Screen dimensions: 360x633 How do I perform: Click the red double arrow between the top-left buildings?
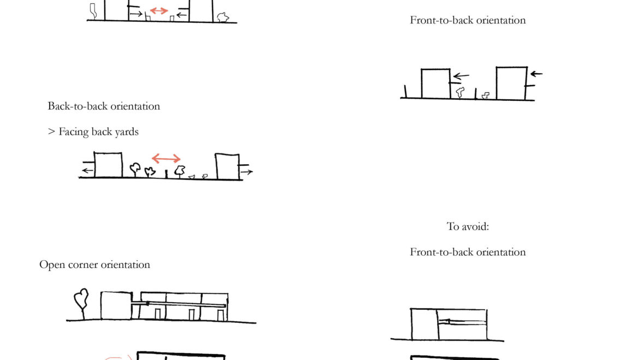(159, 10)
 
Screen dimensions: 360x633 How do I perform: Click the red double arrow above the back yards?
(166, 159)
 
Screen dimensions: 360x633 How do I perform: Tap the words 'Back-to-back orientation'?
(104, 106)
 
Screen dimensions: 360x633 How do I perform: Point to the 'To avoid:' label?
(468, 226)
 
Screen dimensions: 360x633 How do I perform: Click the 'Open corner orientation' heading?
(94, 265)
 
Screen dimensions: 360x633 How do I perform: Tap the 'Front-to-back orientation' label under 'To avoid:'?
(468, 252)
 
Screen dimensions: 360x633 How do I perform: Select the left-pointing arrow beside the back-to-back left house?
(86, 171)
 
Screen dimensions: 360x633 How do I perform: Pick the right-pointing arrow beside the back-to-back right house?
(247, 172)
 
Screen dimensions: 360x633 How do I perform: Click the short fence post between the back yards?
(166, 174)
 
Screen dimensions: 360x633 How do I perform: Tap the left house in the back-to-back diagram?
(108, 165)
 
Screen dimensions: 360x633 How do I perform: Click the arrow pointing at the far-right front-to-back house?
(536, 74)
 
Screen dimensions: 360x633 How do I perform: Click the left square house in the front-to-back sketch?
(435, 83)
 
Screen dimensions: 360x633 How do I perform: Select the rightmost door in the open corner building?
(220, 315)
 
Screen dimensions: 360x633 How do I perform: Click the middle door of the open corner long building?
(192, 315)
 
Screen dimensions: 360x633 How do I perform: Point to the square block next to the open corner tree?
(116, 305)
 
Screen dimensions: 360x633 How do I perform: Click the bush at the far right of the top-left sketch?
(222, 17)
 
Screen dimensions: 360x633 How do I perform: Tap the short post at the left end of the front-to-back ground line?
(405, 92)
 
